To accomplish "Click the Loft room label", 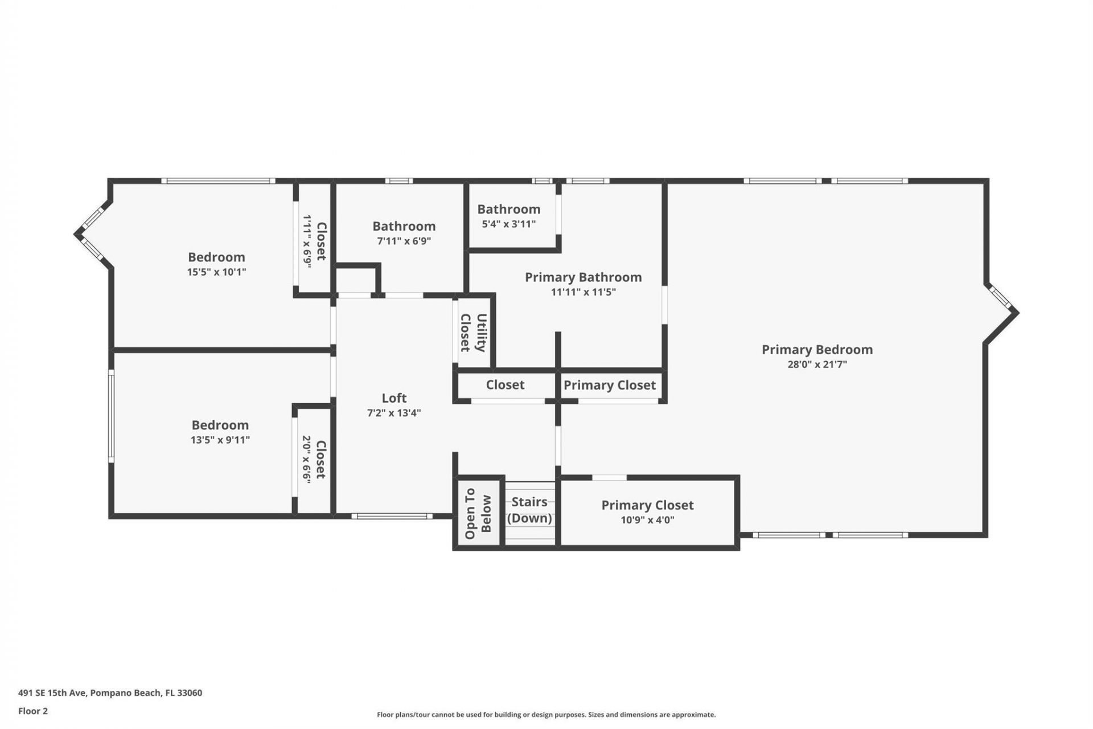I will click(x=393, y=398).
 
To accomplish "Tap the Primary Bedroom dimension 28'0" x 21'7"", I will click(x=817, y=364).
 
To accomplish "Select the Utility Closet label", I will click(x=473, y=333).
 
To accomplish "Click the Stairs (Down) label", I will click(x=529, y=510).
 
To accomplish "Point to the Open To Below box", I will click(x=478, y=513).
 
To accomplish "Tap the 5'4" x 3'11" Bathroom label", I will click(x=508, y=210).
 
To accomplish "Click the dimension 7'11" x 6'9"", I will click(x=404, y=241).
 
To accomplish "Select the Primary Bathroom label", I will click(x=583, y=277).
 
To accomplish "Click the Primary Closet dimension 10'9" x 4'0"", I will click(x=647, y=520).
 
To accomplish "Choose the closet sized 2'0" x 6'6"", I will click(x=314, y=460).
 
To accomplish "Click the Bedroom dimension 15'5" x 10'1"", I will click(x=216, y=272).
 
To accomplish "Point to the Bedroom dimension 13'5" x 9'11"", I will click(x=220, y=440).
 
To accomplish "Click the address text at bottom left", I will click(x=110, y=693).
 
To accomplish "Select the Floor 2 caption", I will click(x=33, y=711).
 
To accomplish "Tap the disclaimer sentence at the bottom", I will click(x=546, y=715).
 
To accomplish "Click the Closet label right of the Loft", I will click(x=505, y=385).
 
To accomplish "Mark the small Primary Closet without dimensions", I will click(x=609, y=386).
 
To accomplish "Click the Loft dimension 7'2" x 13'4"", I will click(x=393, y=413).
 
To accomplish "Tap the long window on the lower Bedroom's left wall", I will click(x=112, y=415).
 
